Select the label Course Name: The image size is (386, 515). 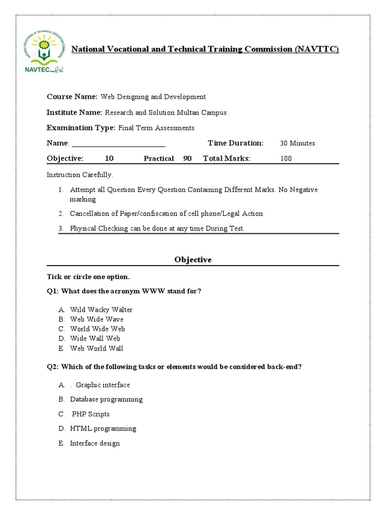click(x=72, y=97)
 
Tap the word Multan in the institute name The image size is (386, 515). click(x=189, y=113)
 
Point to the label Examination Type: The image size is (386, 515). click(x=81, y=128)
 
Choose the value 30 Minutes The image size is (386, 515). click(x=298, y=143)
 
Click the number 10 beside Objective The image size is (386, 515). click(x=109, y=158)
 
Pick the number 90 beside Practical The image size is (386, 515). click(x=187, y=158)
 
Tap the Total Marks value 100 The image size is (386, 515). click(x=286, y=158)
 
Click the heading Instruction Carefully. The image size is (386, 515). click(x=80, y=175)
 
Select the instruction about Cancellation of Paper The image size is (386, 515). click(x=167, y=214)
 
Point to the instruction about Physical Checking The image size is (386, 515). click(x=157, y=228)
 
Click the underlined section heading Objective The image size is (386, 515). click(x=193, y=260)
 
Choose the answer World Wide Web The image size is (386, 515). click(x=98, y=329)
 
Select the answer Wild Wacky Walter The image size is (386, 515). click(x=101, y=310)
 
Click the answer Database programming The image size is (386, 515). click(x=106, y=399)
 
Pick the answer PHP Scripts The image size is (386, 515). click(x=90, y=414)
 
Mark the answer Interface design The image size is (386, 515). click(x=94, y=444)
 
